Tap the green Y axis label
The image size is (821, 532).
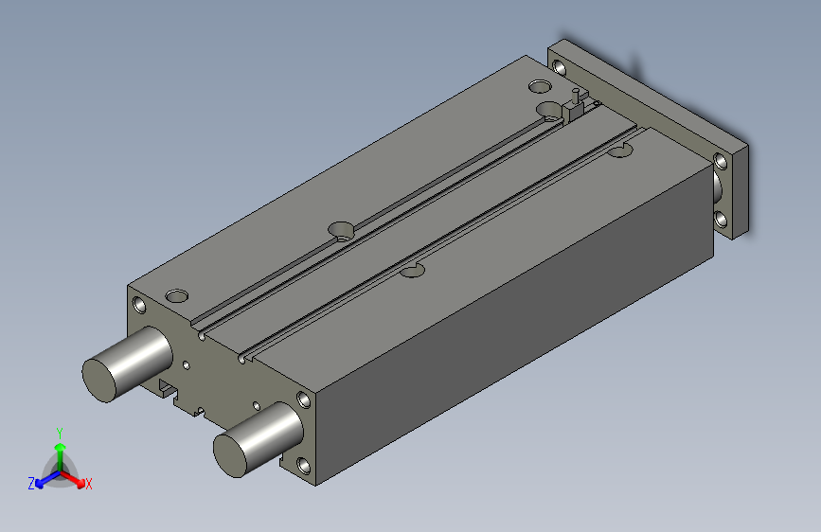(60, 432)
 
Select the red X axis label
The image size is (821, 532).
(88, 485)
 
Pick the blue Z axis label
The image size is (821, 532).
(31, 483)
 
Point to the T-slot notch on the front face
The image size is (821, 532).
(169, 386)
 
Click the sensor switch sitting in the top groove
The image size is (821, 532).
(575, 106)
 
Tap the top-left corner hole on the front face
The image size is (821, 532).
(140, 305)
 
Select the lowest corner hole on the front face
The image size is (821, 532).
(303, 466)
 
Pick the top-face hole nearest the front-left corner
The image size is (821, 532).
(176, 292)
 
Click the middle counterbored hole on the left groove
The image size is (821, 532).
(340, 230)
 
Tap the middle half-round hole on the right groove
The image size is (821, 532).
(411, 271)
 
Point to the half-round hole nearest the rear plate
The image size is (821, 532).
(621, 150)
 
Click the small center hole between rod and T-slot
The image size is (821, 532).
(187, 364)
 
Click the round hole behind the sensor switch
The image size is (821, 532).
(539, 87)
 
